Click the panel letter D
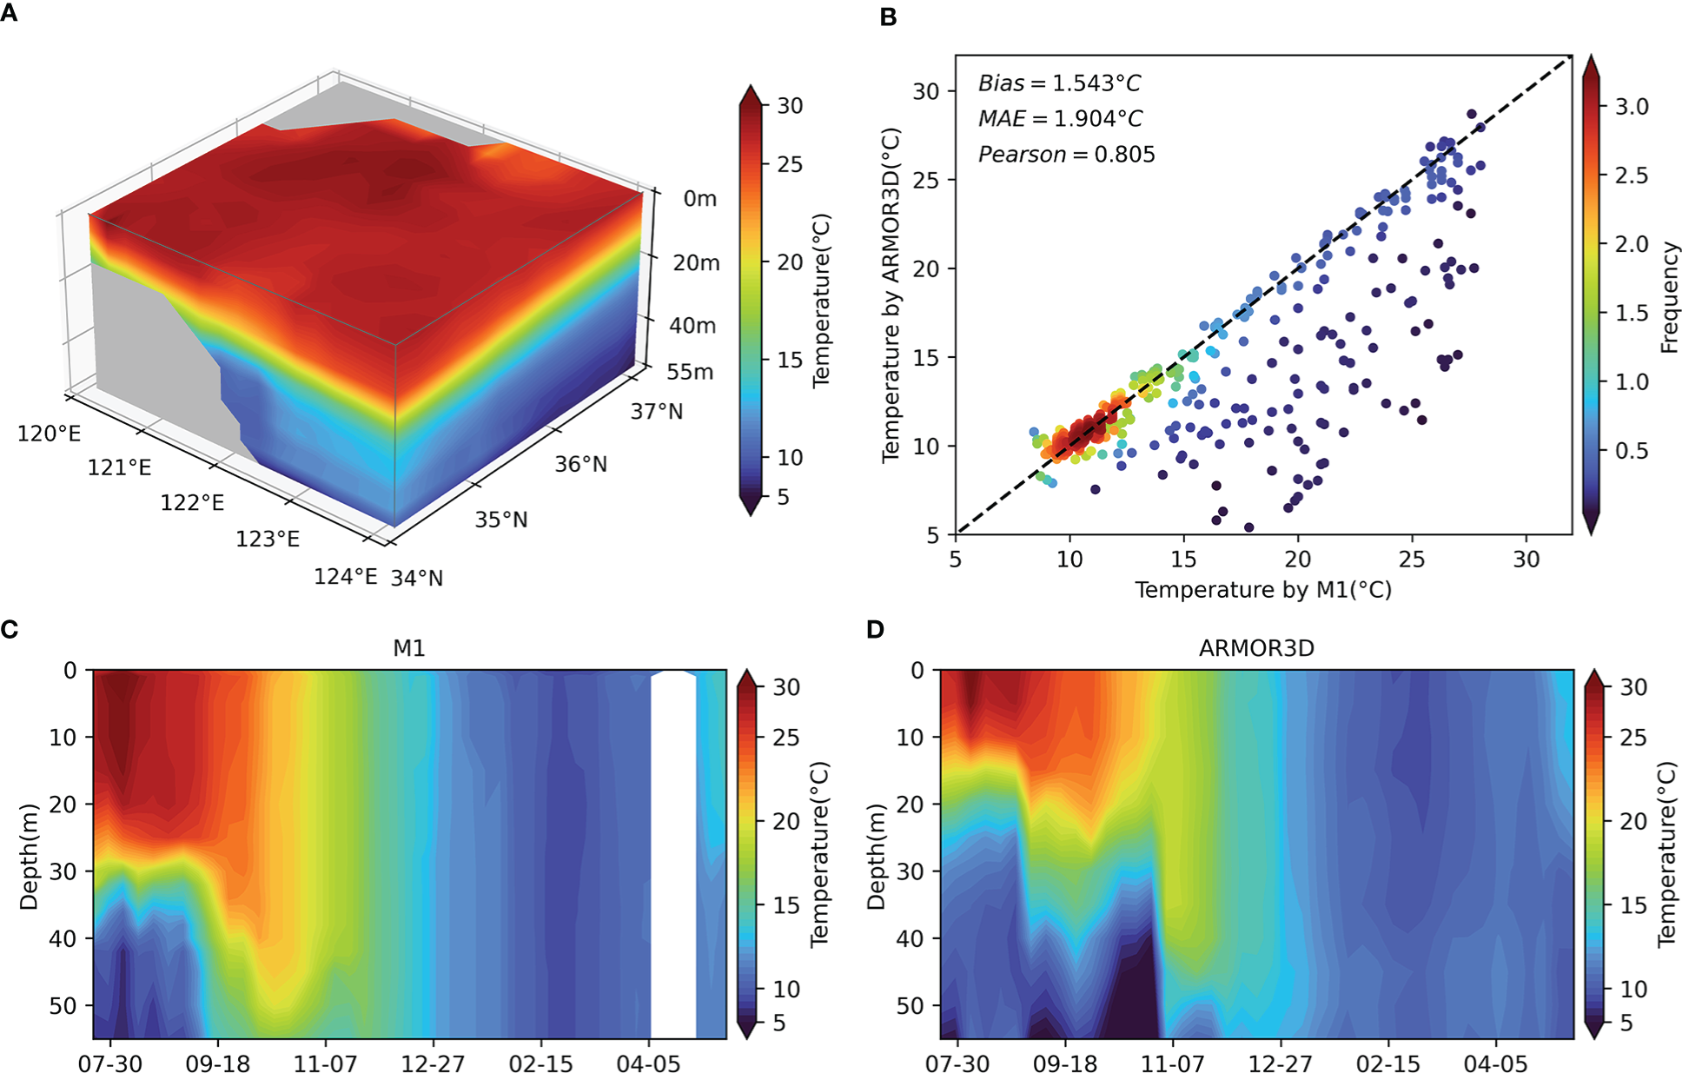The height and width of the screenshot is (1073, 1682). click(875, 629)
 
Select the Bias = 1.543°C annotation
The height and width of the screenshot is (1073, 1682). click(1059, 83)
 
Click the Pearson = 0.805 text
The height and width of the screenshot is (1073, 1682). click(1066, 155)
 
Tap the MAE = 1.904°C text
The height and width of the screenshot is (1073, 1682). click(1060, 119)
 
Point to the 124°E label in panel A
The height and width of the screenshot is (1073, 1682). click(345, 577)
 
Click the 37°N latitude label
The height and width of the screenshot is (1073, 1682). click(656, 411)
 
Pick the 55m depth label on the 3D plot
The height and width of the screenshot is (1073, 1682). click(690, 373)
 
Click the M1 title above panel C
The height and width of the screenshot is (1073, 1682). click(408, 648)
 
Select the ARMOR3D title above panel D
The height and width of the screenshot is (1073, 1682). click(1255, 648)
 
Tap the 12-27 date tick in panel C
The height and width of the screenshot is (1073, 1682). click(433, 1063)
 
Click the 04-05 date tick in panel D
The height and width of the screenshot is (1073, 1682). click(1495, 1063)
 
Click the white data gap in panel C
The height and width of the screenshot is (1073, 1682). click(673, 856)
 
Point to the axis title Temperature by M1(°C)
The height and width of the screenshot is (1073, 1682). click(1262, 590)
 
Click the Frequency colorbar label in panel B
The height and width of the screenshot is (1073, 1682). click(1668, 297)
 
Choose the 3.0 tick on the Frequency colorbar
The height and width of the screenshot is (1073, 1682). click(1631, 107)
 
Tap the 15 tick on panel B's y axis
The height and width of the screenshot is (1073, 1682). click(925, 357)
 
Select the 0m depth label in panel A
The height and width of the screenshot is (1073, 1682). click(699, 199)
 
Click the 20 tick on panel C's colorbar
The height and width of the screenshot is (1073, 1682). click(785, 821)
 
